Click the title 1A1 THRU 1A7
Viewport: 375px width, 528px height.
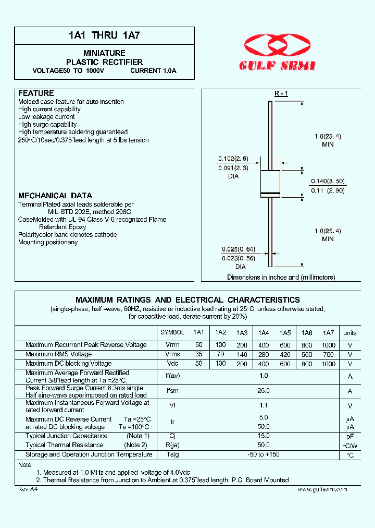(x=104, y=36)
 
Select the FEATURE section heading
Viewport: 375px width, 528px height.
(x=36, y=93)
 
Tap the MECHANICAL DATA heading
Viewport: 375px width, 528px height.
(x=55, y=196)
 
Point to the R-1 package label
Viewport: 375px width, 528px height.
(x=281, y=93)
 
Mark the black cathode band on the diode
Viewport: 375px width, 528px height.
(x=270, y=194)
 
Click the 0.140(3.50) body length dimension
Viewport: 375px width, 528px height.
(x=328, y=181)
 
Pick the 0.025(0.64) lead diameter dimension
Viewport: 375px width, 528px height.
(x=238, y=249)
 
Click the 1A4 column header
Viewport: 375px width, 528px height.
(x=264, y=333)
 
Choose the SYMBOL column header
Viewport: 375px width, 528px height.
(x=172, y=332)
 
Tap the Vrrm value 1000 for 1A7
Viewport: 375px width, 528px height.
(x=329, y=345)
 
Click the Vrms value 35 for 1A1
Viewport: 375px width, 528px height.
(x=198, y=355)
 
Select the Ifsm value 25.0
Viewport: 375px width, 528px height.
(x=264, y=391)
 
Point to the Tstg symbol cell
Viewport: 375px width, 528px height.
(x=172, y=454)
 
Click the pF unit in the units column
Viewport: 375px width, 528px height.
(x=350, y=436)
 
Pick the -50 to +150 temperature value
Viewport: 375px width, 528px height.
(x=264, y=454)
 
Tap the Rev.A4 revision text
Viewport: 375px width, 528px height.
(x=28, y=489)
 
